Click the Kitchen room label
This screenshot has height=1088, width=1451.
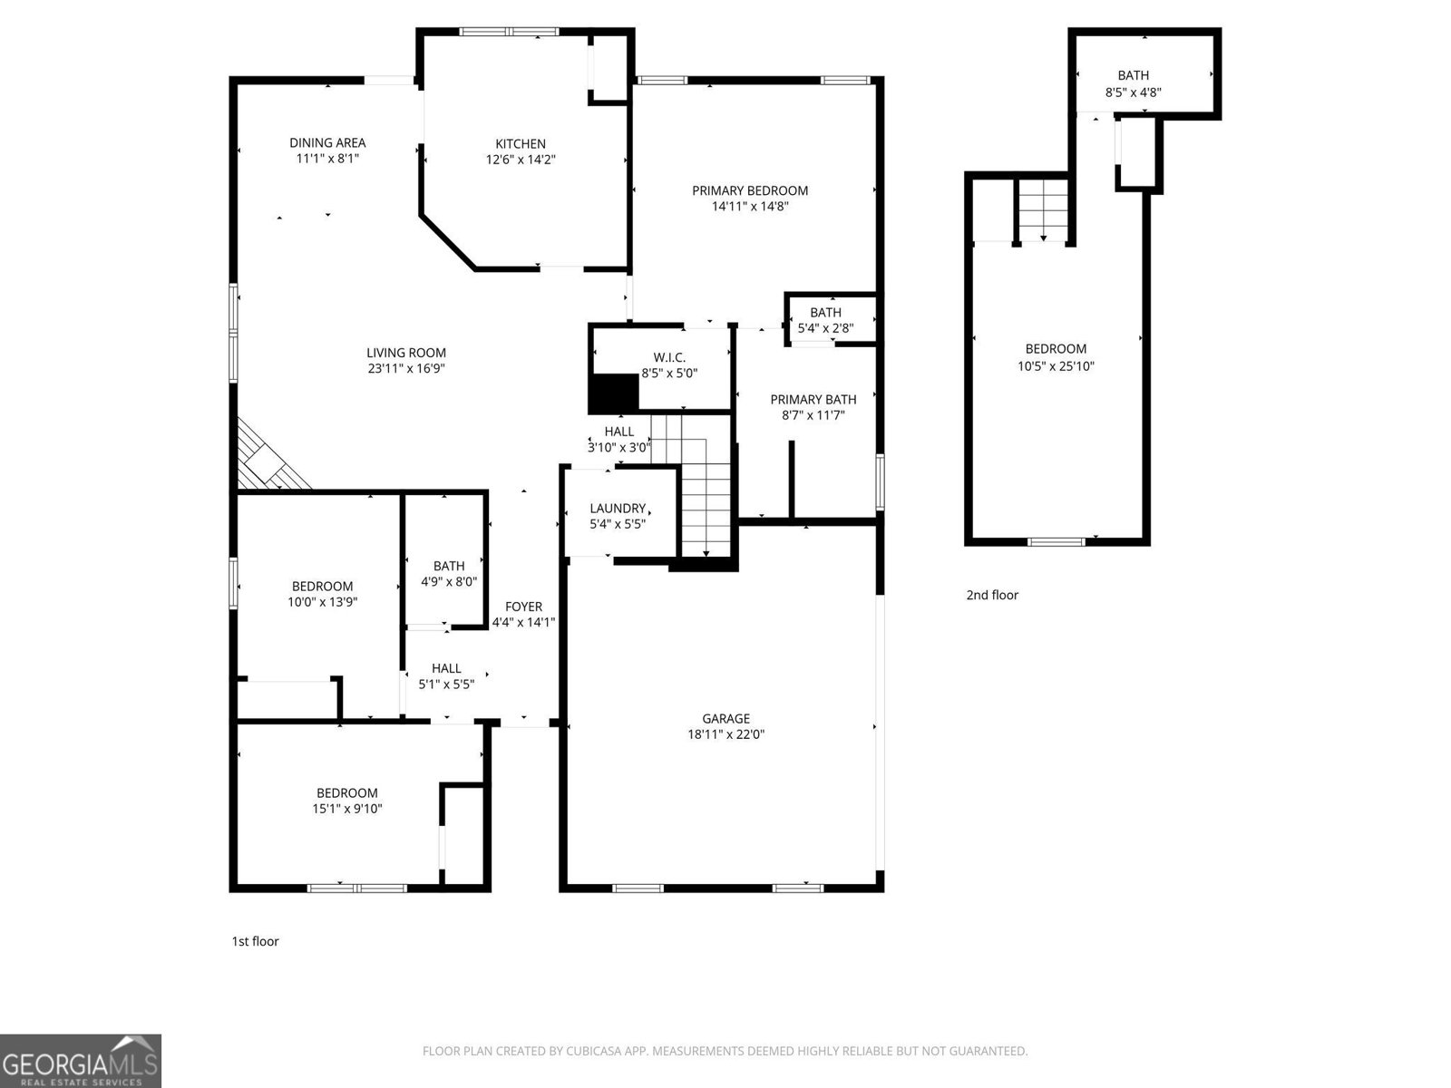(521, 143)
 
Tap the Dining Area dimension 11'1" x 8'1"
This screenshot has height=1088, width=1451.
(327, 159)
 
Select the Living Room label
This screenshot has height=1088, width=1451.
(406, 353)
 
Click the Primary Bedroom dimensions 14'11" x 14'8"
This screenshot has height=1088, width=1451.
(750, 207)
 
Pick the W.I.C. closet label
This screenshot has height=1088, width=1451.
(669, 357)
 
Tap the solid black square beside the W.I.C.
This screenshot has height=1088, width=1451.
(614, 393)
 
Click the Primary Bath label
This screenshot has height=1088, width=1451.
(813, 399)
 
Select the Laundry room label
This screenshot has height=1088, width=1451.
(618, 509)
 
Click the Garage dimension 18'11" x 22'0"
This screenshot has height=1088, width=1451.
(725, 735)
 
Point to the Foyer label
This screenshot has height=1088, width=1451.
(523, 607)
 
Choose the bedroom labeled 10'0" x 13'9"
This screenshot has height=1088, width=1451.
(322, 594)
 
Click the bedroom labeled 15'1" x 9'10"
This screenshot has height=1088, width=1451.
(347, 801)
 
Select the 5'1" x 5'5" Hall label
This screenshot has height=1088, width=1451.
(446, 676)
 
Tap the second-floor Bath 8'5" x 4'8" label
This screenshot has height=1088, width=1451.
(1133, 83)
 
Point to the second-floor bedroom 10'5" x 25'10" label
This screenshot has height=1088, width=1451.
(1056, 357)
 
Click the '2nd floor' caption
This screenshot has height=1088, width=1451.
(992, 595)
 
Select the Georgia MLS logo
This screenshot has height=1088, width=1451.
(81, 1061)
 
